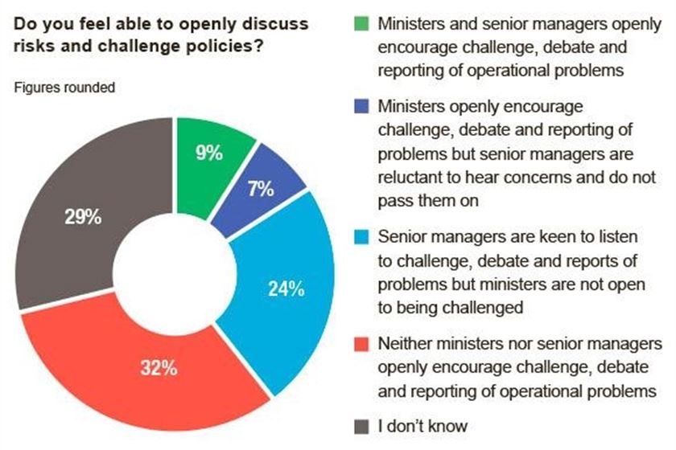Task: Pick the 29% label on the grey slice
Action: [x=82, y=218]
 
